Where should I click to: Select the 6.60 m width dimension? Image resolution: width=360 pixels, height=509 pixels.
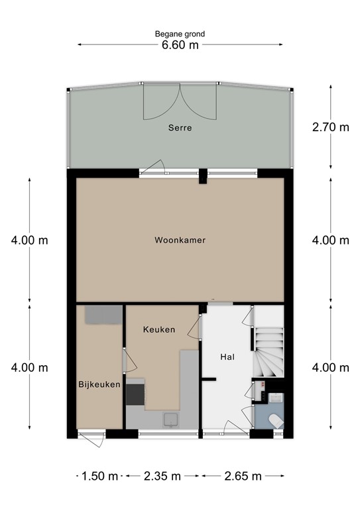pyautogui.click(x=180, y=44)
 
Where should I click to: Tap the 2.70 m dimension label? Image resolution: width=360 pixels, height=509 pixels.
pyautogui.click(x=330, y=127)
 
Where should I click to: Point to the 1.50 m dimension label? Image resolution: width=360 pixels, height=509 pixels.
pyautogui.click(x=99, y=476)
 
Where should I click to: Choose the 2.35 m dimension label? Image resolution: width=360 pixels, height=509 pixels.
pyautogui.click(x=162, y=476)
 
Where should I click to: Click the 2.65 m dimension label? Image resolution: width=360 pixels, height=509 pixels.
pyautogui.click(x=243, y=476)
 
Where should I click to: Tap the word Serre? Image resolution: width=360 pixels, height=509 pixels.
pyautogui.click(x=180, y=128)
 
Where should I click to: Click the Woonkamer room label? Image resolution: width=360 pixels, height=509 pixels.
pyautogui.click(x=180, y=240)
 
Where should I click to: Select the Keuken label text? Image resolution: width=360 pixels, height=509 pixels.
pyautogui.click(x=159, y=329)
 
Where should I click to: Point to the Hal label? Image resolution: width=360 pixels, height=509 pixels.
pyautogui.click(x=228, y=357)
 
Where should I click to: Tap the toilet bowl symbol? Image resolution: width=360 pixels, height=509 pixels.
pyautogui.click(x=274, y=419)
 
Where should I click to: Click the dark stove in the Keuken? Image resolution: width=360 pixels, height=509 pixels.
pyautogui.click(x=135, y=392)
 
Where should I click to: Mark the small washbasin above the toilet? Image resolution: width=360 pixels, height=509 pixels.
pyautogui.click(x=275, y=398)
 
